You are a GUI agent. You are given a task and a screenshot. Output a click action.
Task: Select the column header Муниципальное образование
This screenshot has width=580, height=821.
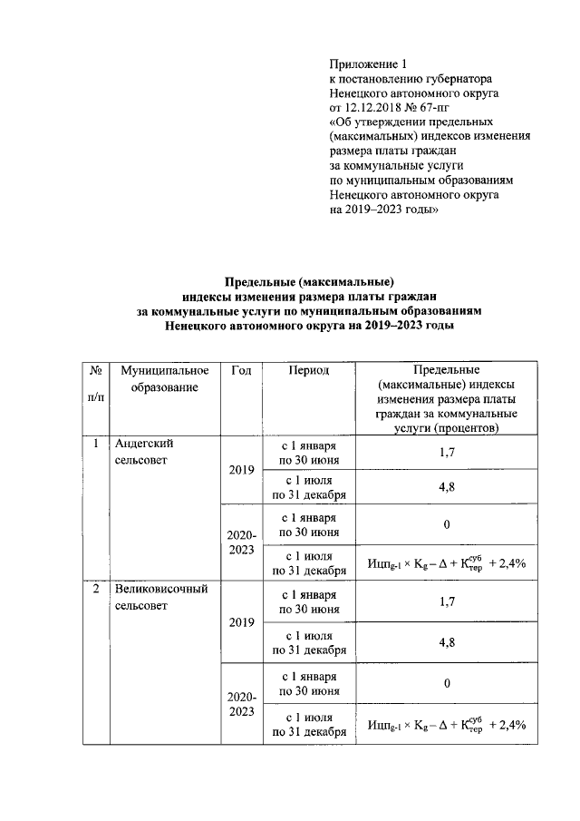(163, 379)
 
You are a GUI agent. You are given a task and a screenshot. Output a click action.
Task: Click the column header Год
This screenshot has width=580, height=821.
(241, 370)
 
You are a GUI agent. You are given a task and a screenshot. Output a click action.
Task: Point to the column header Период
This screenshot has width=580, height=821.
(309, 370)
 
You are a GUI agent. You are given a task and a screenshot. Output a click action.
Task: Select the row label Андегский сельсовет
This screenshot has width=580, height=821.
(144, 452)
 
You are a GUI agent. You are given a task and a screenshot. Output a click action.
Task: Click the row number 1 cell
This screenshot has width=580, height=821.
(95, 444)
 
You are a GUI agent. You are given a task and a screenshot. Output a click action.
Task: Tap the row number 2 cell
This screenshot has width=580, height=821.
(95, 589)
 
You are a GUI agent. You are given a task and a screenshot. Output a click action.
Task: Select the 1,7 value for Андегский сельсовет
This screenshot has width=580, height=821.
(446, 452)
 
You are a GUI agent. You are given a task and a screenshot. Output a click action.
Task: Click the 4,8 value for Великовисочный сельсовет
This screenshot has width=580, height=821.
(446, 641)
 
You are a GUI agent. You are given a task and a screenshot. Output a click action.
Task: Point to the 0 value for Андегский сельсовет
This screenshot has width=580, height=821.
(446, 525)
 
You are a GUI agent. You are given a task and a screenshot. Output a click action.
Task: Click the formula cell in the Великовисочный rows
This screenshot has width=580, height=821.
(446, 724)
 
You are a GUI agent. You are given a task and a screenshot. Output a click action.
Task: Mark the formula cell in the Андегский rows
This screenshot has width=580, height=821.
(446, 562)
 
